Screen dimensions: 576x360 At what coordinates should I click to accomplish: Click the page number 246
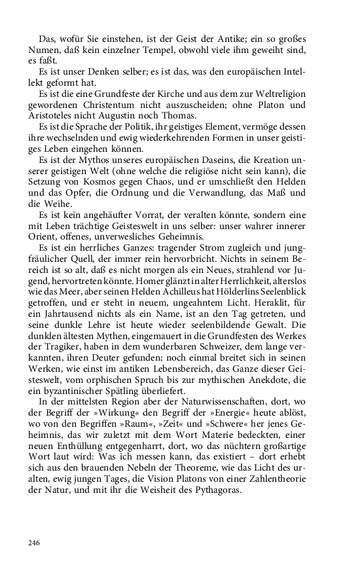pyautogui.click(x=35, y=542)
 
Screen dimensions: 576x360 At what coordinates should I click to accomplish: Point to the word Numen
pyautogui.click(x=46, y=50)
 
